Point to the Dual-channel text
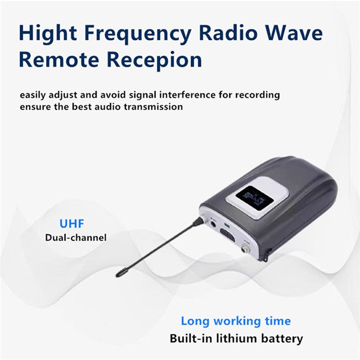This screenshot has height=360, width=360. [x=76, y=237]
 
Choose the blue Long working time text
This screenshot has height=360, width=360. [x=236, y=321]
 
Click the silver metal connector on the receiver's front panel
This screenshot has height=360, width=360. [x=248, y=249]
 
